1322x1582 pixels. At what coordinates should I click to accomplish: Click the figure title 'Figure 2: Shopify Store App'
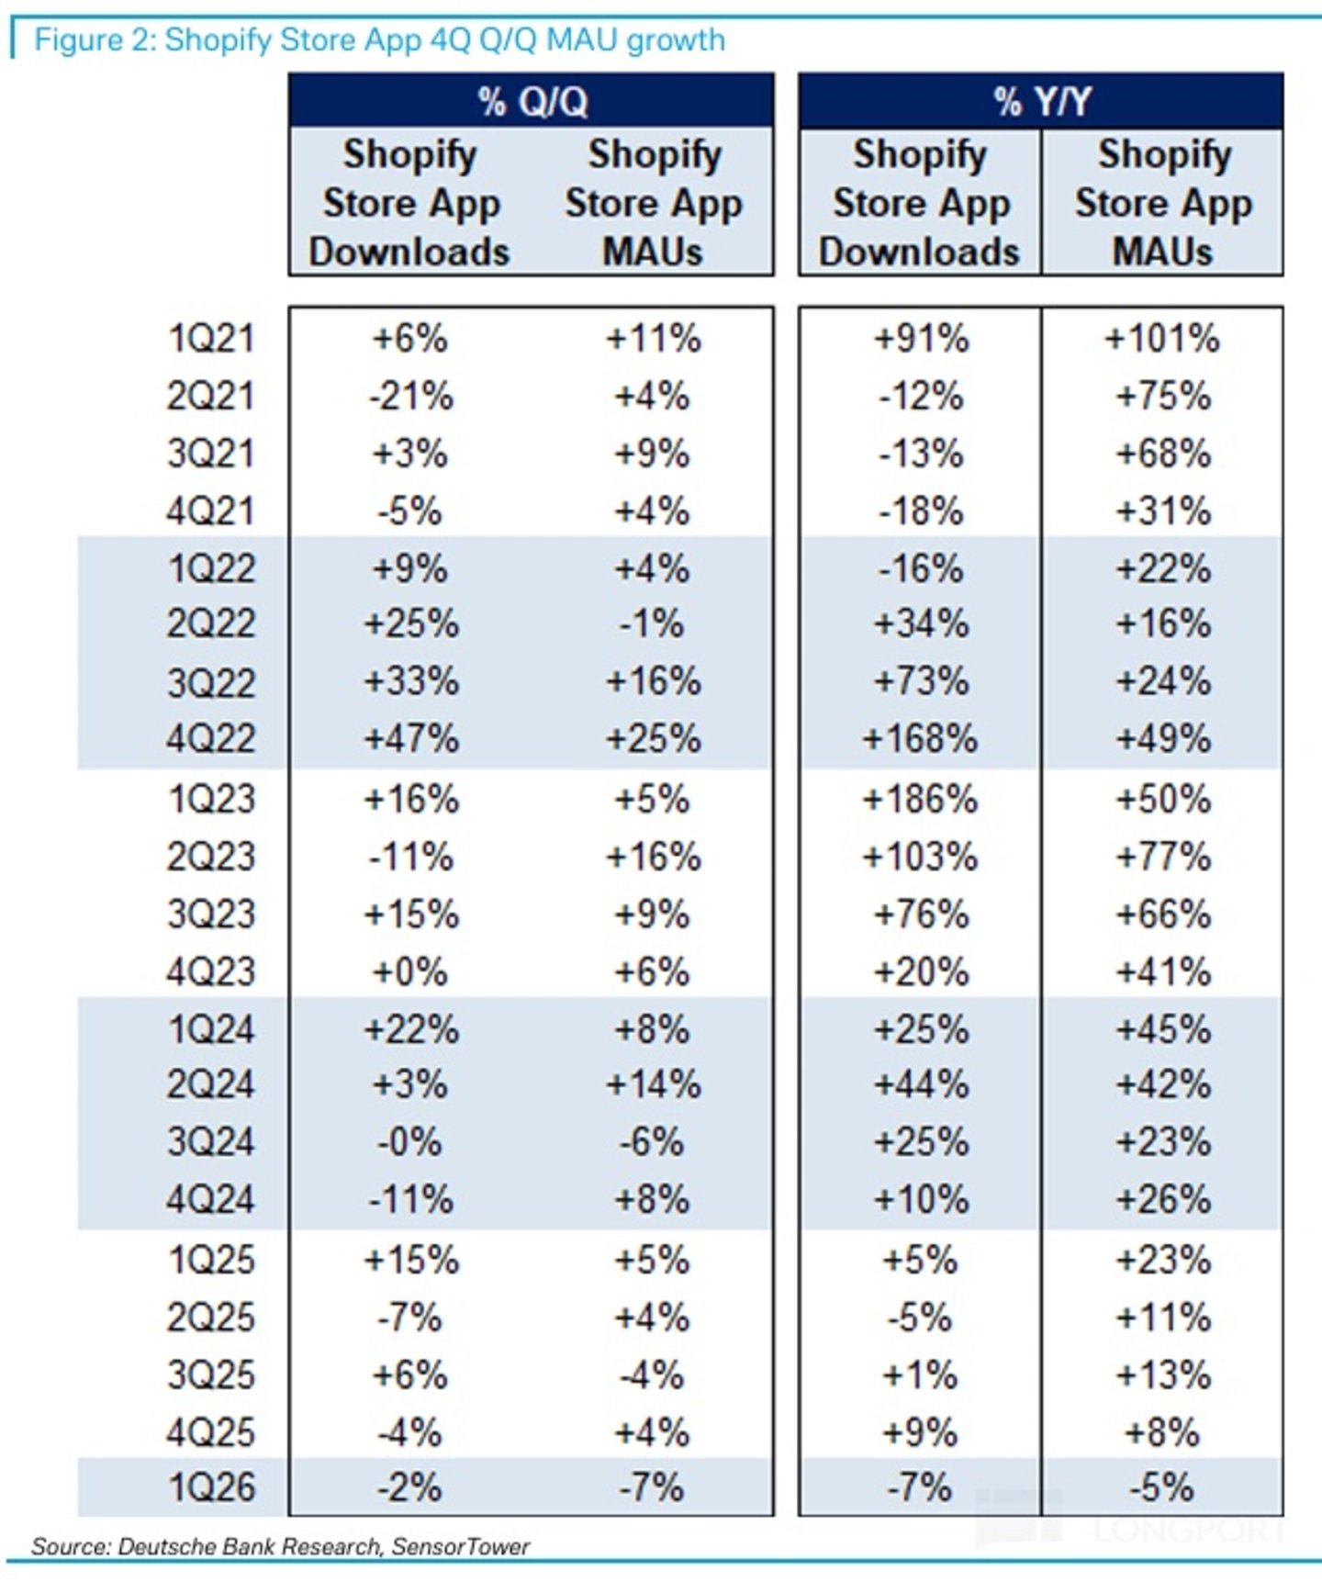[x=266, y=40]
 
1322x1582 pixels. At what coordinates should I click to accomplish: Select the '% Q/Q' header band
[x=532, y=100]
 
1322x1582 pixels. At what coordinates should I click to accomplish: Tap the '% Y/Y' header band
[x=1041, y=100]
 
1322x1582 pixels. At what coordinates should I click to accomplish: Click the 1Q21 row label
[x=210, y=339]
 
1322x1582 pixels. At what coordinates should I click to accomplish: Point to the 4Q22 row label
[x=210, y=739]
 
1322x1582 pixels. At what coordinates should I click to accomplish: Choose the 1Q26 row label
[x=210, y=1487]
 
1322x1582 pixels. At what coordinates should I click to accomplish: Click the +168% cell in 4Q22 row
[x=920, y=739]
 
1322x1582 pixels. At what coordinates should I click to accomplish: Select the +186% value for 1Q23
[x=920, y=799]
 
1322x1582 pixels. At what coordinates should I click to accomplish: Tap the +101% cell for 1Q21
[x=1162, y=339]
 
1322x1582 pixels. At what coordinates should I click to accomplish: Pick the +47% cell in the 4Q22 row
[x=411, y=739]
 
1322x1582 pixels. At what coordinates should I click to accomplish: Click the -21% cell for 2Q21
[x=411, y=397]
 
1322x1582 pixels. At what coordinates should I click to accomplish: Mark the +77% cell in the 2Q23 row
[x=1162, y=857]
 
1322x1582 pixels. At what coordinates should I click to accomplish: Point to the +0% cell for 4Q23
[x=409, y=971]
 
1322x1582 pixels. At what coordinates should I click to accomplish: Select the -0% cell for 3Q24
[x=409, y=1142]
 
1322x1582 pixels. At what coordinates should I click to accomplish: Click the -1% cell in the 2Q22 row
[x=652, y=624]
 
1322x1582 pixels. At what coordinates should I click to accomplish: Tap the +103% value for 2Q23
[x=920, y=857]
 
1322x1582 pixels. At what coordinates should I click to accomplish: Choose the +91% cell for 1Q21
[x=921, y=339]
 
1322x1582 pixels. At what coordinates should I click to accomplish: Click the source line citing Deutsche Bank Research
[x=280, y=1547]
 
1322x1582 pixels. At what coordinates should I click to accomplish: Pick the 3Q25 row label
[x=210, y=1375]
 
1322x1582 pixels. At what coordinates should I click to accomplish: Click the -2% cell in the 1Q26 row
[x=409, y=1487]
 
